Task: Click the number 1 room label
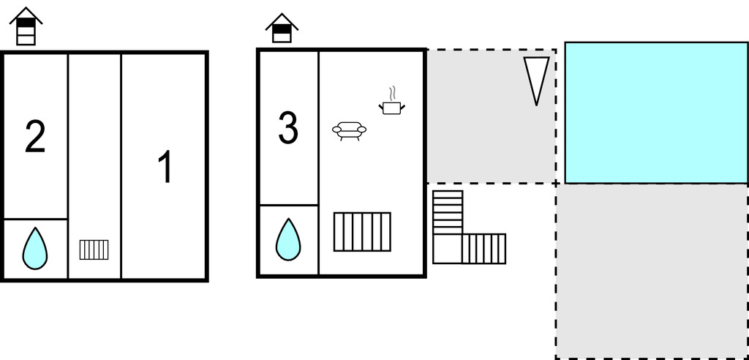pyautogui.click(x=165, y=167)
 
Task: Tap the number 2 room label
pyautogui.click(x=35, y=137)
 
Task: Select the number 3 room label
pyautogui.click(x=288, y=128)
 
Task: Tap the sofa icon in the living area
pyautogui.click(x=349, y=130)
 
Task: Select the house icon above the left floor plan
pyautogui.click(x=26, y=26)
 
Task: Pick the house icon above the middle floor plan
pyautogui.click(x=282, y=28)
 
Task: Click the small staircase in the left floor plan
pyautogui.click(x=94, y=250)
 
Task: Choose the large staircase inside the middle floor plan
pyautogui.click(x=362, y=231)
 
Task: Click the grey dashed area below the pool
pyautogui.click(x=651, y=271)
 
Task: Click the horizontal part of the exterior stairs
pyautogui.click(x=483, y=248)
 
